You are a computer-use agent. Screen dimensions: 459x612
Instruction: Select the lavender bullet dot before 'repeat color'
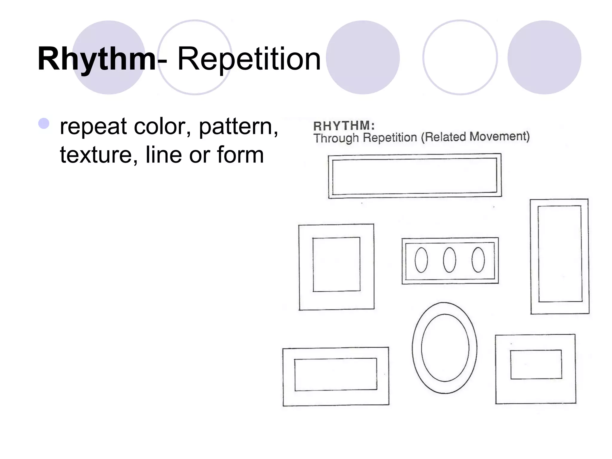[44, 123]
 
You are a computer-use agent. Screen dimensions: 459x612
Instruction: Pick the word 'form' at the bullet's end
[240, 155]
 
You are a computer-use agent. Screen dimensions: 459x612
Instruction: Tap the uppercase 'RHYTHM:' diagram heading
[344, 126]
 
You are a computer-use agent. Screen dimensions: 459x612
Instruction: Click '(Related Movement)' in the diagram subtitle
[475, 137]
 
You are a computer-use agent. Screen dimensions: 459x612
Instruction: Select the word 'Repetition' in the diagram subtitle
[390, 138]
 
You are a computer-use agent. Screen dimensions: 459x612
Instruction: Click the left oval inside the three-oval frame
[421, 260]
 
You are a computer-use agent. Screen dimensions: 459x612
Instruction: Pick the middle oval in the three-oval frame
[449, 260]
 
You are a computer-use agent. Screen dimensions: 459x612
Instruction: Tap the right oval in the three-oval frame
[478, 260]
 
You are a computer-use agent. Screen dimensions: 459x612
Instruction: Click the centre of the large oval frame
[445, 348]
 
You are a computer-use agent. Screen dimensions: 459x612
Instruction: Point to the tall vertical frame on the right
[560, 256]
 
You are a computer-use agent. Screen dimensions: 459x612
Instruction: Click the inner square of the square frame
[336, 264]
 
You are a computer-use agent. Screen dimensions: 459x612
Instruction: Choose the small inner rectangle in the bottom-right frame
[536, 364]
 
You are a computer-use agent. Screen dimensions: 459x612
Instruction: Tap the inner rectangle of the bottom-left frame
[336, 374]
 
